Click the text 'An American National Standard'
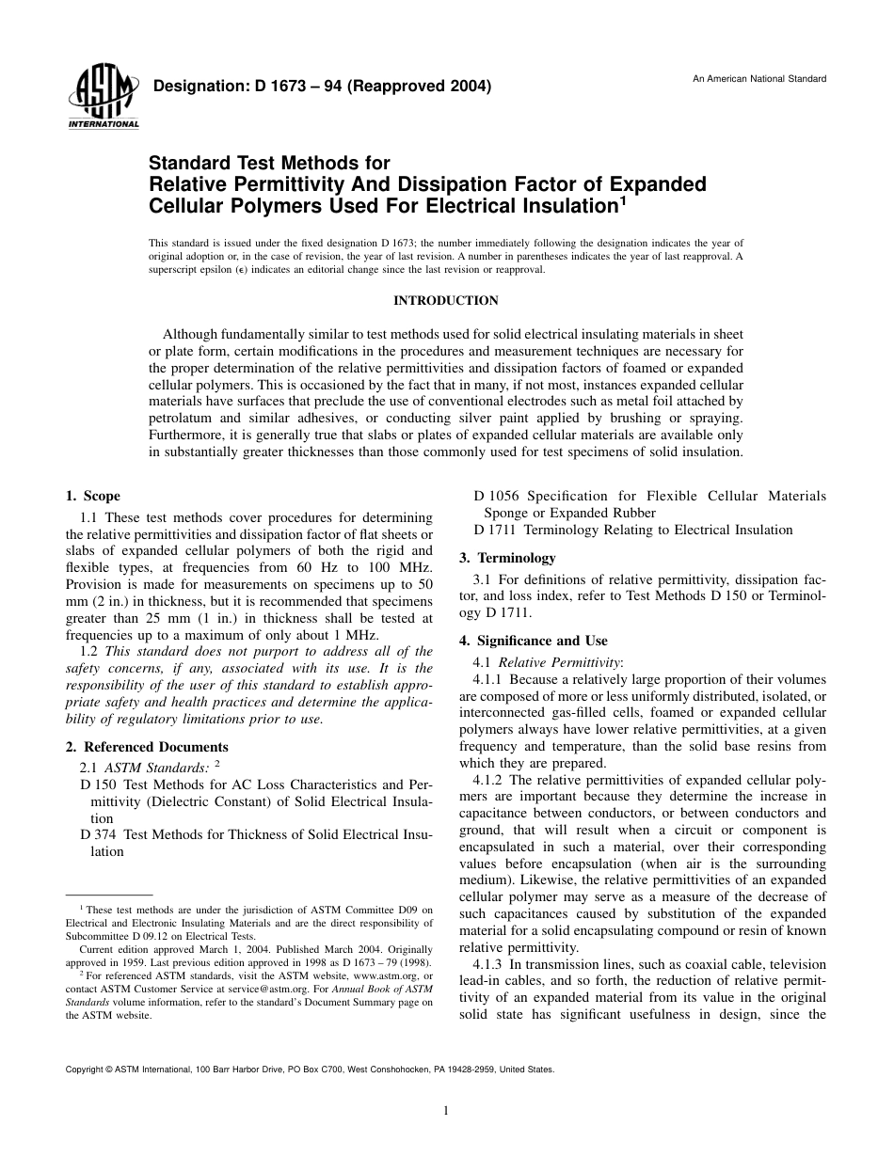(x=759, y=78)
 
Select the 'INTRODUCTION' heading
(x=445, y=301)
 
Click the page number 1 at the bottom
(x=446, y=1110)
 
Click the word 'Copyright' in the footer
(x=85, y=1070)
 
